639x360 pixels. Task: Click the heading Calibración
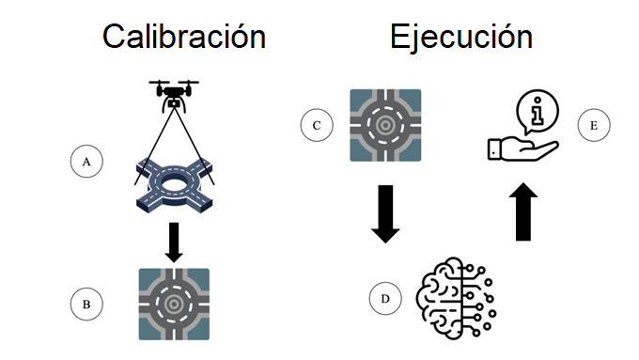click(x=183, y=37)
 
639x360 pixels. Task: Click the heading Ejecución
click(x=461, y=37)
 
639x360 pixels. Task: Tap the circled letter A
click(x=86, y=162)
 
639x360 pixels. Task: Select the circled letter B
click(x=86, y=303)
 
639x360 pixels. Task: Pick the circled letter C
click(x=318, y=125)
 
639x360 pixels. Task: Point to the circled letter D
click(x=385, y=300)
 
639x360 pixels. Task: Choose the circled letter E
click(x=594, y=124)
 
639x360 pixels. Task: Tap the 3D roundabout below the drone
click(x=175, y=180)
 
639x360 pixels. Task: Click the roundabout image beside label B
click(x=174, y=304)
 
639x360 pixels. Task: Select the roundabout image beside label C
click(x=385, y=124)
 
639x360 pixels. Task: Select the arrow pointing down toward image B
click(x=174, y=241)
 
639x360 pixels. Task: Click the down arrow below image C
click(x=385, y=215)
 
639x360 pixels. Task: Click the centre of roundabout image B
click(x=174, y=304)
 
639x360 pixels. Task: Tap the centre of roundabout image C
click(x=385, y=124)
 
